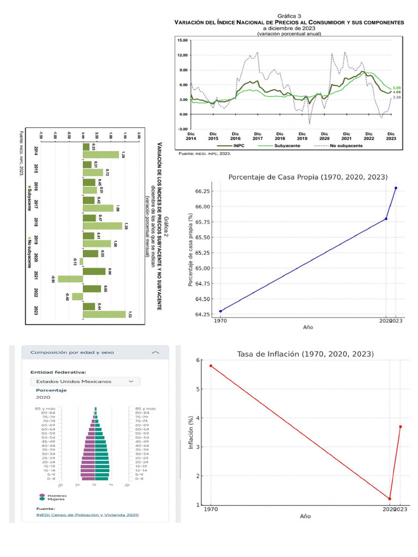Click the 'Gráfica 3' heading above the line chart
[x=289, y=16]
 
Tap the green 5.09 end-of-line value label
[x=397, y=88]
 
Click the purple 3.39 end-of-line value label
[x=397, y=97]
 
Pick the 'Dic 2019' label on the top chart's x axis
[x=302, y=136]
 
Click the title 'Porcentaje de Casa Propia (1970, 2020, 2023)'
[x=308, y=177]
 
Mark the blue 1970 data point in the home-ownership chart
[x=220, y=311]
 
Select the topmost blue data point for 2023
[x=396, y=188]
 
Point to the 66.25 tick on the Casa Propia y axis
[x=202, y=191]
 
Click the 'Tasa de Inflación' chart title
[x=305, y=354]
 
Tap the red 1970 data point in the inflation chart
[x=211, y=366]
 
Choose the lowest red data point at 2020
[x=390, y=499]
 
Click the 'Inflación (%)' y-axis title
[x=190, y=432]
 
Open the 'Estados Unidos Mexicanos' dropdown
[x=85, y=381]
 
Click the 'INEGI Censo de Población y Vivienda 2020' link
[x=87, y=515]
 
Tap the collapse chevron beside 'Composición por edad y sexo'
[x=156, y=352]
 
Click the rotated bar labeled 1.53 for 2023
[x=104, y=314]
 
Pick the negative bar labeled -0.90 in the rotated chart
[x=70, y=279]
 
